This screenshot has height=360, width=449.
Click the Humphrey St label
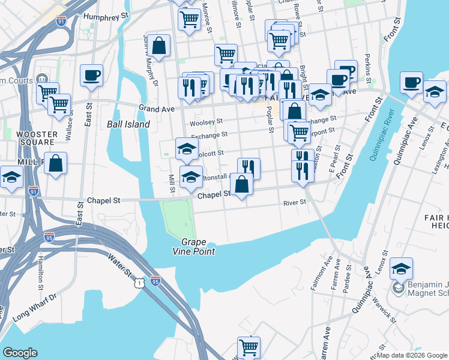click(107, 17)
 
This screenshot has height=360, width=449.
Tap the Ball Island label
click(128, 124)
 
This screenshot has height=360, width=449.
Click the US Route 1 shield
click(139, 282)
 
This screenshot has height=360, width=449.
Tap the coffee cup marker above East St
click(91, 76)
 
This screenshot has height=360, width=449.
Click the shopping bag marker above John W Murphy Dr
click(159, 46)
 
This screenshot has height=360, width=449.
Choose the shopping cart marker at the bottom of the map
click(249, 347)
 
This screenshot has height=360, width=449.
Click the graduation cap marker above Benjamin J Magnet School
click(400, 268)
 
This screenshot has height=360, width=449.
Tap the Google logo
click(20, 353)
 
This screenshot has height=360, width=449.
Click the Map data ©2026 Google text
click(412, 355)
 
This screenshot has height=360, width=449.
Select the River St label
click(295, 203)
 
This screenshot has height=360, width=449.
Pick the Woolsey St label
click(202, 123)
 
